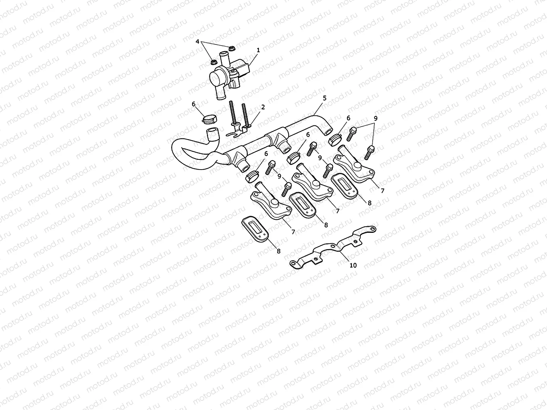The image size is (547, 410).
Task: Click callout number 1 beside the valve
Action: point(258,50)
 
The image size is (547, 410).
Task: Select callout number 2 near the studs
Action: point(263,107)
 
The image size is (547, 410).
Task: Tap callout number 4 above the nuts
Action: point(198,42)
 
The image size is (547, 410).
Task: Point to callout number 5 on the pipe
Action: point(325,98)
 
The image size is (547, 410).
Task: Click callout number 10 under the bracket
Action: point(353,265)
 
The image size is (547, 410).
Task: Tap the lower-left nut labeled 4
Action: point(213,62)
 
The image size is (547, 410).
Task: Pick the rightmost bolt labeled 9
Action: point(369,151)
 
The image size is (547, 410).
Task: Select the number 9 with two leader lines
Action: point(376,118)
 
